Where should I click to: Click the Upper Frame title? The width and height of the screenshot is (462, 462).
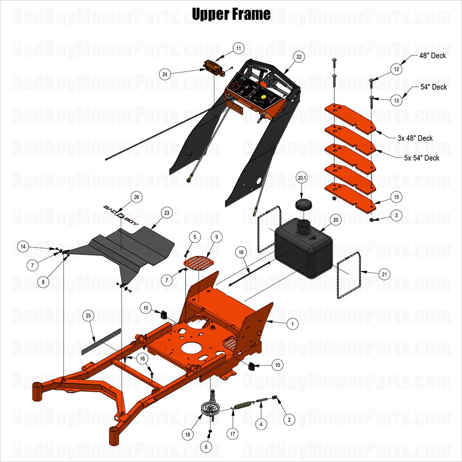click(231, 14)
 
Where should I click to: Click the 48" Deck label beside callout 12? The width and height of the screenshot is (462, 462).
click(432, 56)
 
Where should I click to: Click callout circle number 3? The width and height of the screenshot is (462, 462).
click(396, 215)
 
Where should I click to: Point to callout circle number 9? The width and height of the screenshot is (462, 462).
click(216, 236)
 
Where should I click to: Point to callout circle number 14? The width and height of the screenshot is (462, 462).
click(23, 246)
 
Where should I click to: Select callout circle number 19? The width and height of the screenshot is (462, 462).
click(241, 253)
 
